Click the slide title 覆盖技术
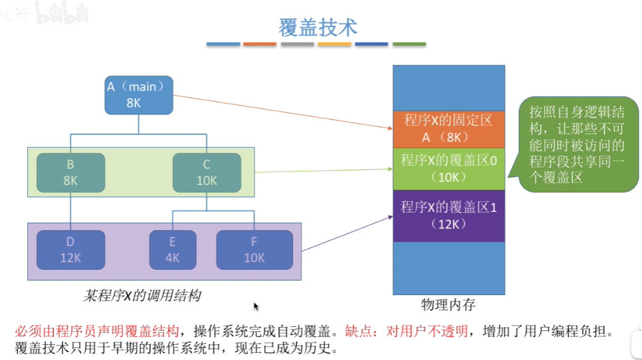(318, 27)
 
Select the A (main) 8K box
(138, 95)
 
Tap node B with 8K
(70, 172)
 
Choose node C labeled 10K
(207, 172)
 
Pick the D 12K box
(71, 250)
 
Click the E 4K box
(172, 250)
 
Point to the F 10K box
(255, 250)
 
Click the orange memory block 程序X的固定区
(449, 128)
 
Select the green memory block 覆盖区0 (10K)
(449, 168)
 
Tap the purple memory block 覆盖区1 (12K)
(449, 215)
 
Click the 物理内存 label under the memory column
(448, 305)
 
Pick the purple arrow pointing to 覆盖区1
(347, 233)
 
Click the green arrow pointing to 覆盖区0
(324, 170)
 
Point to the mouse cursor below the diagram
(256, 307)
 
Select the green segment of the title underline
(409, 45)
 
